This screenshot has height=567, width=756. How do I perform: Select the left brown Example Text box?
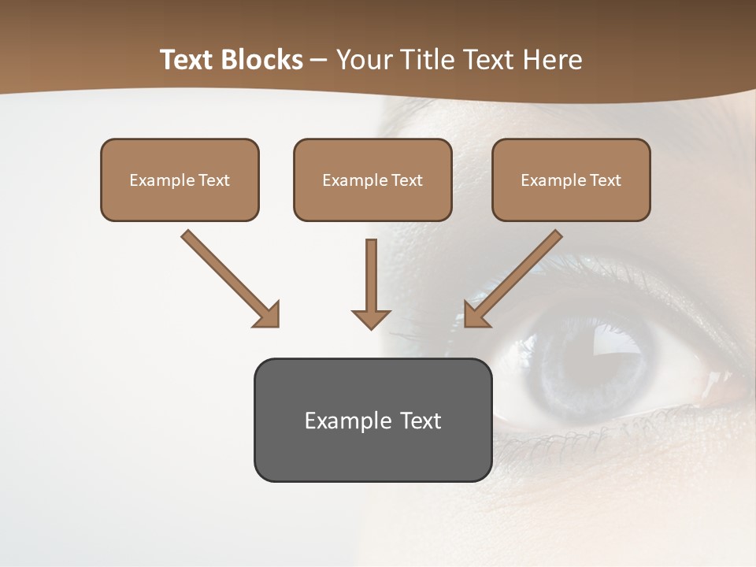[180, 180]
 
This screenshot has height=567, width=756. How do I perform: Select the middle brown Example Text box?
[372, 180]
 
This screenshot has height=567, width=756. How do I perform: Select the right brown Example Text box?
[571, 180]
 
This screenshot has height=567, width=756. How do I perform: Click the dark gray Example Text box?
[372, 420]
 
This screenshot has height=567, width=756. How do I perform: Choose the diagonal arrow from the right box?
[516, 276]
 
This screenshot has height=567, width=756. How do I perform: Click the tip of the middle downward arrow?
[372, 326]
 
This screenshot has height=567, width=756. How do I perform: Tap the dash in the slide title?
[319, 60]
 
